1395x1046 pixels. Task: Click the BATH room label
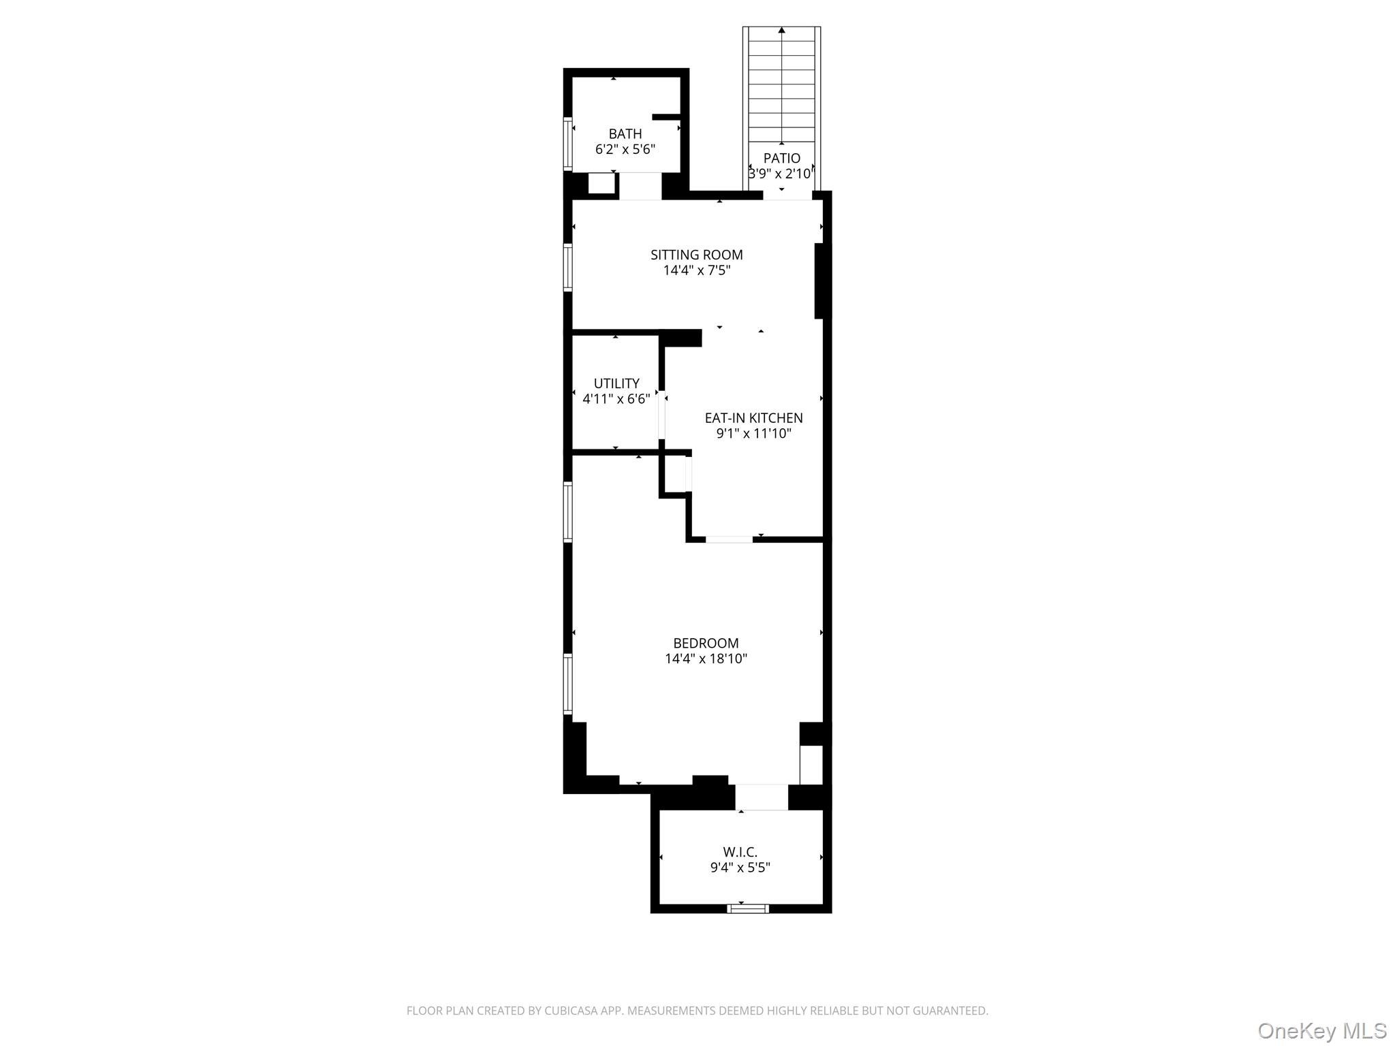pyautogui.click(x=625, y=134)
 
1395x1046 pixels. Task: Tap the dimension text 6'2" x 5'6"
pyautogui.click(x=625, y=149)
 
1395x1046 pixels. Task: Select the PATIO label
pyautogui.click(x=781, y=158)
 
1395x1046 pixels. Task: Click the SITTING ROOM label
pyautogui.click(x=696, y=255)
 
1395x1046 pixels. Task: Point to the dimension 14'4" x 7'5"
pyautogui.click(x=696, y=270)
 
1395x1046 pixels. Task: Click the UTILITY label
pyautogui.click(x=616, y=383)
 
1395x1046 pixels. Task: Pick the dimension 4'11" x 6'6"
pyautogui.click(x=616, y=399)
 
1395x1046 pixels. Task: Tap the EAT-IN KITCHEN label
pyautogui.click(x=753, y=418)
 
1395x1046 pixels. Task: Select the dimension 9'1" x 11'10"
pyautogui.click(x=753, y=434)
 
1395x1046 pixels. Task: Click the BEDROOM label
pyautogui.click(x=706, y=643)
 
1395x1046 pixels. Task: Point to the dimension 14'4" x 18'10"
pyautogui.click(x=706, y=659)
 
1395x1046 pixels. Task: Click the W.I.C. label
pyautogui.click(x=740, y=852)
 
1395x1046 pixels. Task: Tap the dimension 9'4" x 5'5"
pyautogui.click(x=740, y=868)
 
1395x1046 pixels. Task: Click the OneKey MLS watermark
pyautogui.click(x=1321, y=1031)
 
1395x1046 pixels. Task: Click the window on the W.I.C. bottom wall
pyautogui.click(x=747, y=908)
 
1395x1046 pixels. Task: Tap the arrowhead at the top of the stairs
pyautogui.click(x=782, y=30)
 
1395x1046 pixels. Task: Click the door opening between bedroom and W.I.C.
pyautogui.click(x=761, y=797)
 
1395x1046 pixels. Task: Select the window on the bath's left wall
pyautogui.click(x=567, y=143)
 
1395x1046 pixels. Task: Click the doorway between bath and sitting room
pyautogui.click(x=640, y=186)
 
